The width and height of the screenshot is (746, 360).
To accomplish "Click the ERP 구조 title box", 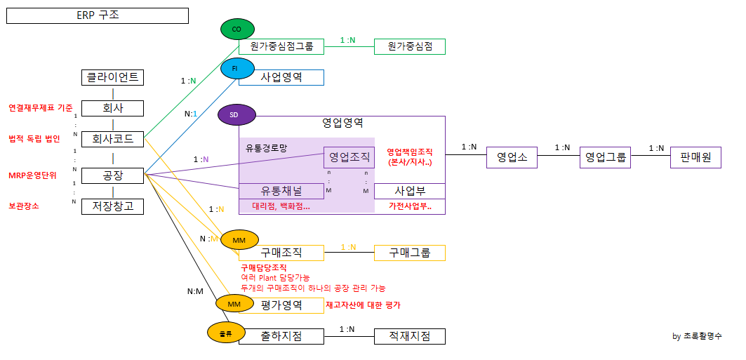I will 98,15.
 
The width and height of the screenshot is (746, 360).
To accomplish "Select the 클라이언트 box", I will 113,77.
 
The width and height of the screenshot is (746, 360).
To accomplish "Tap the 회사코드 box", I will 113,139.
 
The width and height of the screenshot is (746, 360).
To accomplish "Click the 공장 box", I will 113,175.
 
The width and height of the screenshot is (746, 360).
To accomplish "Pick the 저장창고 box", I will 113,206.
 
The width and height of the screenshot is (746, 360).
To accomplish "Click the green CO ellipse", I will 237,29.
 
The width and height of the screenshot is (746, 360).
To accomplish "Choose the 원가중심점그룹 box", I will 281,46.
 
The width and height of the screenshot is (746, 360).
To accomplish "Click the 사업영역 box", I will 281,77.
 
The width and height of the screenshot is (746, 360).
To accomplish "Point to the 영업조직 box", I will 349,157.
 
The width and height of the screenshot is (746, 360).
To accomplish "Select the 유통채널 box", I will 281,191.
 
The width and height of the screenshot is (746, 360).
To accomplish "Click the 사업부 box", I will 409,191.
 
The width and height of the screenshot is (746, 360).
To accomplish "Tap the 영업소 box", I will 512,158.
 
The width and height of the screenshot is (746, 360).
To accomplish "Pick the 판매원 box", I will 695,158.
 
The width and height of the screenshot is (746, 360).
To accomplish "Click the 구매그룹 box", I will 409,253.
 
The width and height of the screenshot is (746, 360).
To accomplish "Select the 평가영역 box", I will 281,305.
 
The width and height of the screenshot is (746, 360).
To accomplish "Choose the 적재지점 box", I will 409,336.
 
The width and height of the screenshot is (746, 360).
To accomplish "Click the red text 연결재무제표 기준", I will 41,108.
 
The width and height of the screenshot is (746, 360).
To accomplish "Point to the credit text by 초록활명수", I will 697,336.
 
